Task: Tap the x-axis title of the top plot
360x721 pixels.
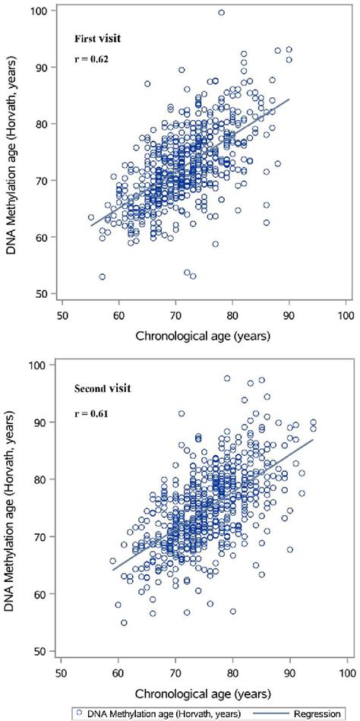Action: (x=204, y=333)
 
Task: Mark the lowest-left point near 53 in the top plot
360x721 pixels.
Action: (x=103, y=277)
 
